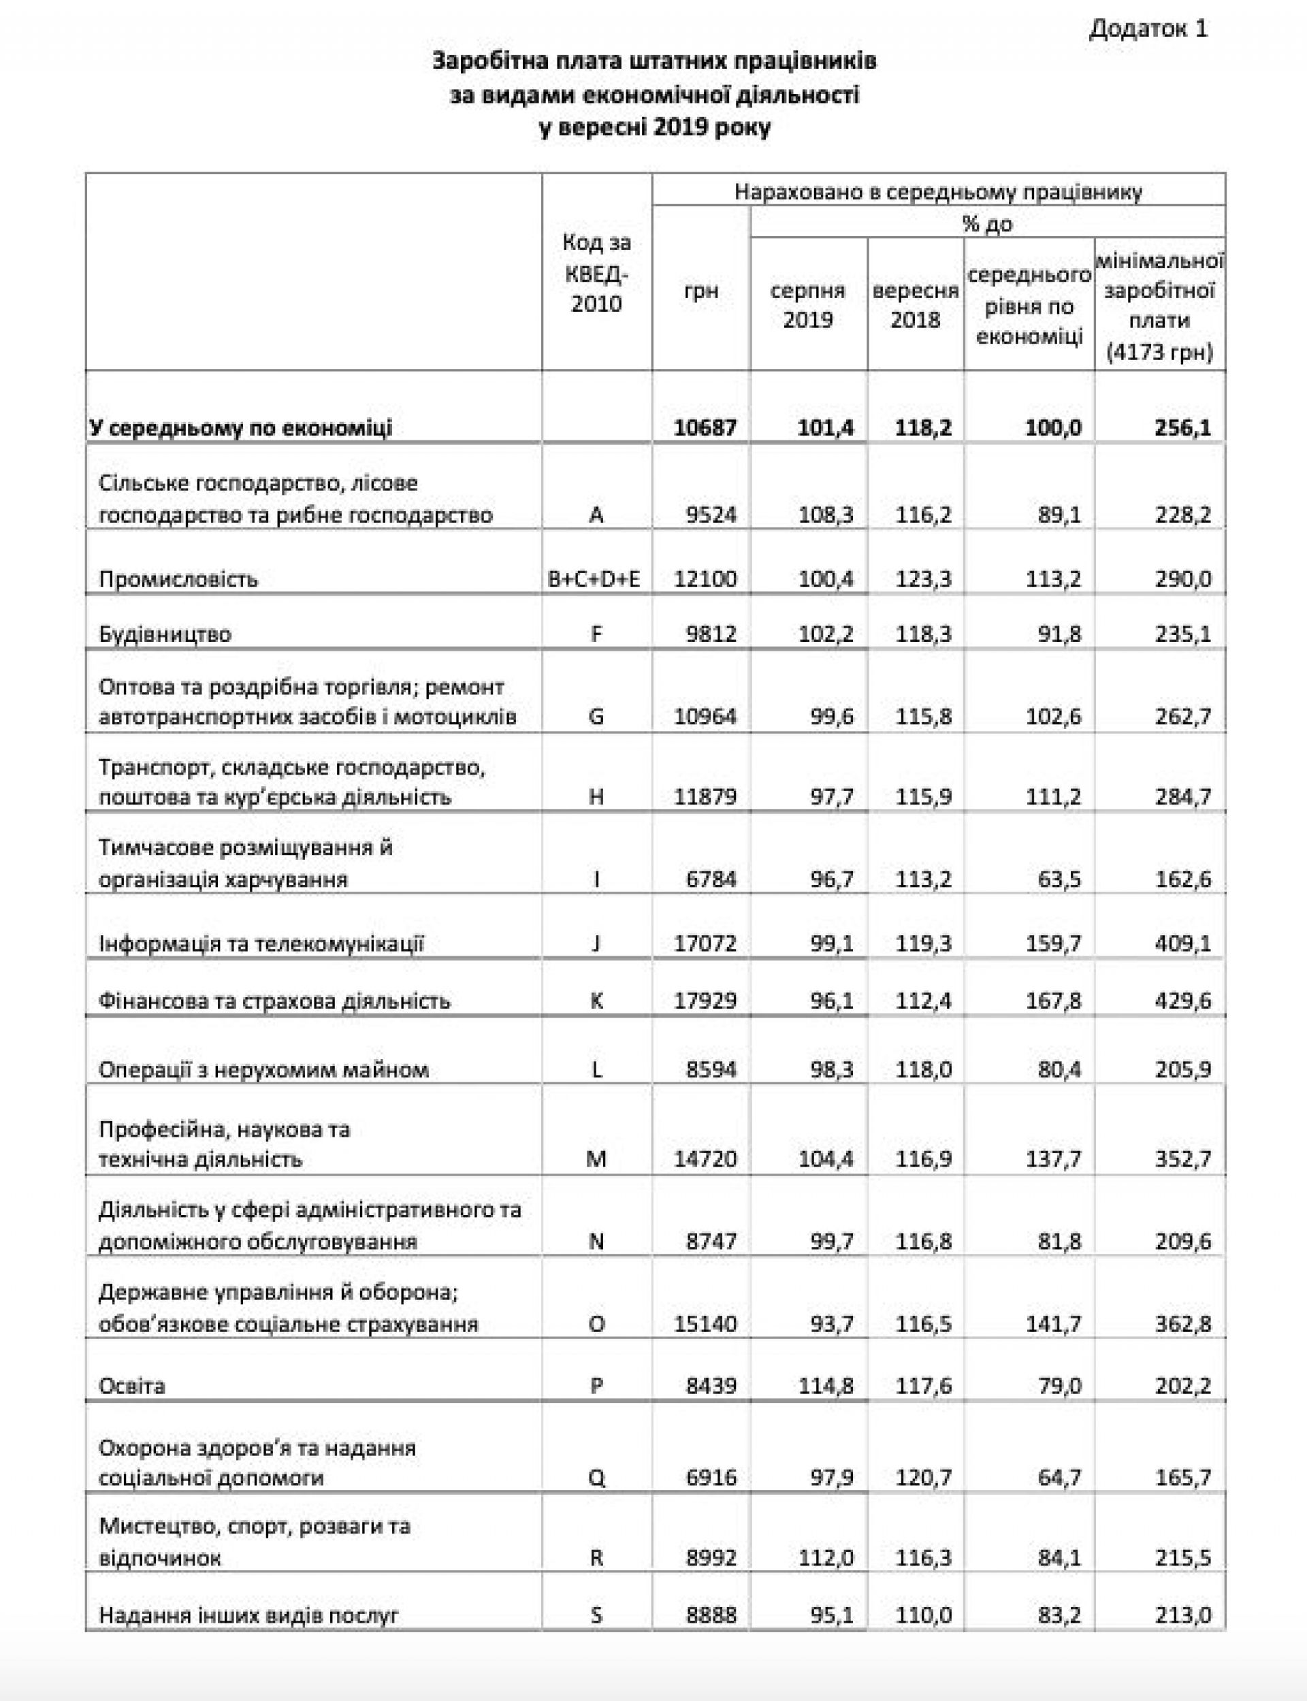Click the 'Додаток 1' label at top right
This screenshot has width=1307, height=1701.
click(1148, 29)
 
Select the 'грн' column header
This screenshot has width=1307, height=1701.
click(700, 291)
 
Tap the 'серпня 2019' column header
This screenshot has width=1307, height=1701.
click(807, 305)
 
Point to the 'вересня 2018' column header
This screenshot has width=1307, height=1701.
click(915, 305)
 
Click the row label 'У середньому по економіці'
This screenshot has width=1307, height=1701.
click(240, 427)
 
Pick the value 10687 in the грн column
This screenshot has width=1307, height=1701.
click(705, 427)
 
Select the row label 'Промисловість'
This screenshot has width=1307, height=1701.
click(178, 579)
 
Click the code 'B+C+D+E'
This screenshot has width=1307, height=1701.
click(595, 579)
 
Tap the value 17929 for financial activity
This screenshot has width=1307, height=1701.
click(705, 1000)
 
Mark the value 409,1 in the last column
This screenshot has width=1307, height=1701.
click(1183, 943)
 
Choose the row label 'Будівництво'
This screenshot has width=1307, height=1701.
click(165, 634)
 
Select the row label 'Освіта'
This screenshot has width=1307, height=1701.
click(131, 1386)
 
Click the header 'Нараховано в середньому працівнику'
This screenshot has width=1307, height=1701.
click(938, 192)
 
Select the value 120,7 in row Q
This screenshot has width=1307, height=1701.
click(924, 1477)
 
